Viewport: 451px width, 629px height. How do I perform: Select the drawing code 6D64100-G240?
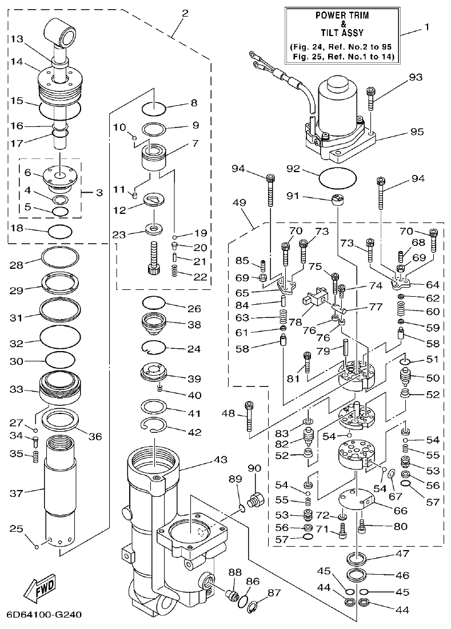tap(44, 616)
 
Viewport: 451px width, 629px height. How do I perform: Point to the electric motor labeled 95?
tap(336, 120)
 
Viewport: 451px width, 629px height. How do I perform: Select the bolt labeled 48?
tap(249, 417)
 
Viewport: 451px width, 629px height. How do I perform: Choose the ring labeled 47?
tap(358, 558)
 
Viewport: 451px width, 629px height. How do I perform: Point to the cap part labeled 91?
tap(338, 201)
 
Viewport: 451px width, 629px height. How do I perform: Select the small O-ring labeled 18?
tap(60, 232)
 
